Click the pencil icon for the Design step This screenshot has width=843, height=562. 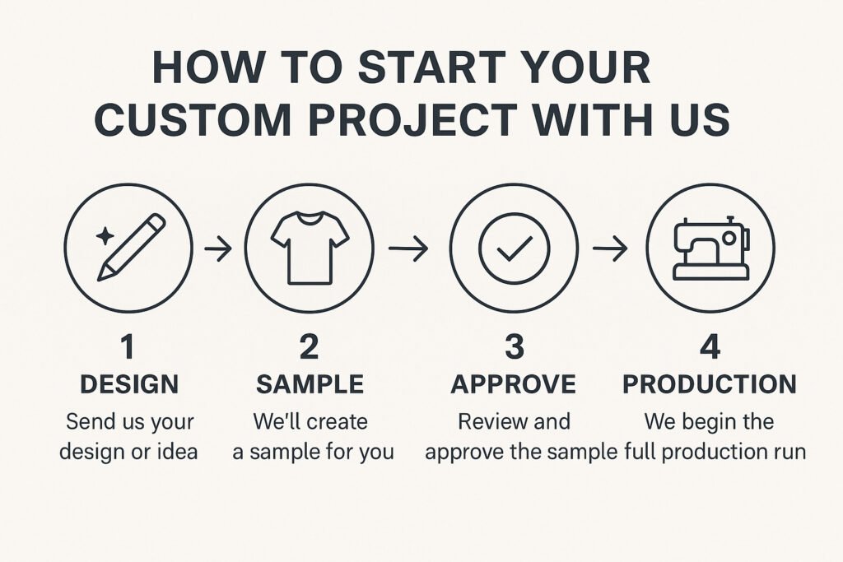coord(132,247)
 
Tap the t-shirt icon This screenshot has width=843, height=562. coord(310,248)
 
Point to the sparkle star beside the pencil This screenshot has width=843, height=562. coord(105,237)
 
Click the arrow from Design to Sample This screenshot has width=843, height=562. coord(218,248)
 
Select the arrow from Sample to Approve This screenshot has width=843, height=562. coord(408,248)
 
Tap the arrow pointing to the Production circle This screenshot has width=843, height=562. coord(610,248)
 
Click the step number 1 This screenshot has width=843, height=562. coord(128,348)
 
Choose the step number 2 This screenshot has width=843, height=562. coord(309,348)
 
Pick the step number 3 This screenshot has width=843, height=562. coord(515,348)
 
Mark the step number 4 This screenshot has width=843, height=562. coord(710,348)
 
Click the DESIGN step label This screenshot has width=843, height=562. coord(128,384)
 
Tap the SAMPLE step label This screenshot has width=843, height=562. coord(310,384)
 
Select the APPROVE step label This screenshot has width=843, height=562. coord(514,384)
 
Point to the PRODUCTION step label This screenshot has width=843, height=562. coord(710,384)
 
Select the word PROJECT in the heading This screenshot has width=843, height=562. coord(420,120)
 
